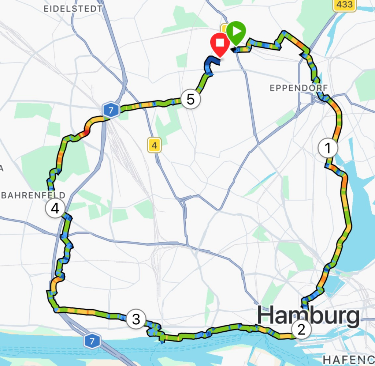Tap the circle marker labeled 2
point(301,330)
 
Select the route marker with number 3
point(136,320)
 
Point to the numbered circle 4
point(55,208)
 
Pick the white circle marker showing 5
point(190,99)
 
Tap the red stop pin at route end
point(220,44)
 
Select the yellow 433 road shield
point(345,5)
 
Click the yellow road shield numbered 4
point(154,146)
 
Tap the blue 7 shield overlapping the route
point(111,110)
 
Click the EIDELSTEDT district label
point(73,9)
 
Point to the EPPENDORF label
point(298,88)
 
